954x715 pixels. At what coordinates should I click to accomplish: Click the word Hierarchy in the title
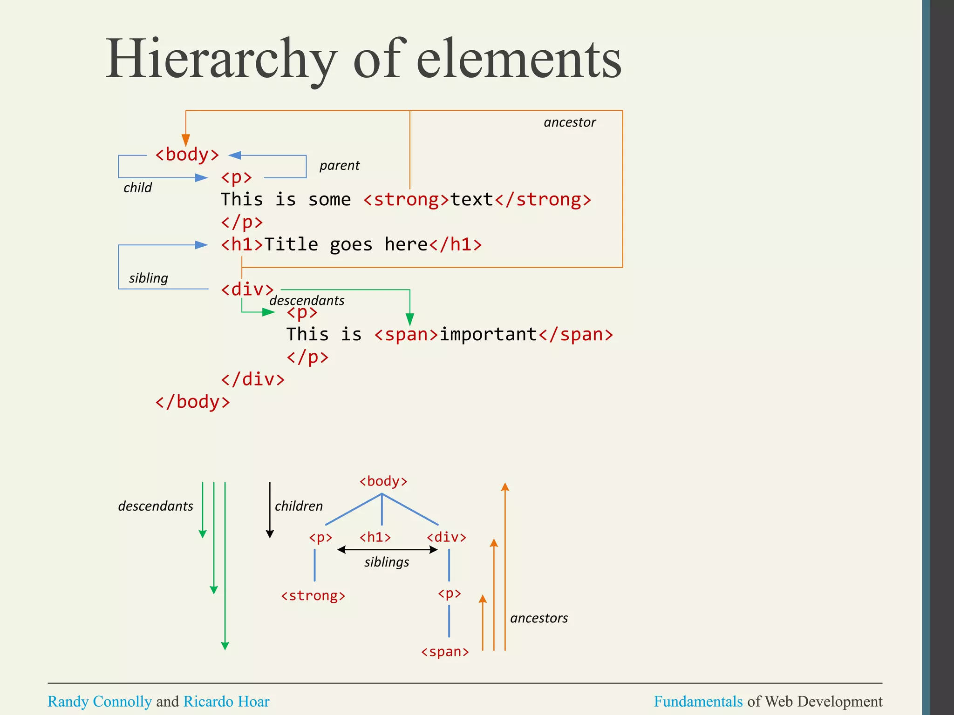pyautogui.click(x=221, y=60)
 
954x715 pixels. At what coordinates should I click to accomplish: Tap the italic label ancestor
pyautogui.click(x=569, y=122)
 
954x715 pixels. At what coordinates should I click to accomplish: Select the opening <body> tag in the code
pyautogui.click(x=187, y=155)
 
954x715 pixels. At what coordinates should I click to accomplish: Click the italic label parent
pyautogui.click(x=339, y=166)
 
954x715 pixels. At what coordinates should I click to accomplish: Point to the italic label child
pyautogui.click(x=137, y=188)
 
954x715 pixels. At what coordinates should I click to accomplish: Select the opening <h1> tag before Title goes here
pyautogui.click(x=242, y=244)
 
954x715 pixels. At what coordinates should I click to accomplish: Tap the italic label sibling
pyautogui.click(x=148, y=278)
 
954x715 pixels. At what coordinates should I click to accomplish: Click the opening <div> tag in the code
pyautogui.click(x=247, y=290)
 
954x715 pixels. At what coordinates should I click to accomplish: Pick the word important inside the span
pyautogui.click(x=488, y=335)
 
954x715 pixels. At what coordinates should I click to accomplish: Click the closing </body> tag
pyautogui.click(x=192, y=402)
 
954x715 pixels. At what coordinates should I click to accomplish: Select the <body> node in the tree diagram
pyautogui.click(x=383, y=481)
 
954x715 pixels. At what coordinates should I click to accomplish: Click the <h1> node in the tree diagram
pyautogui.click(x=375, y=537)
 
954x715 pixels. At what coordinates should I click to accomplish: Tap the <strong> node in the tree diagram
pyautogui.click(x=313, y=596)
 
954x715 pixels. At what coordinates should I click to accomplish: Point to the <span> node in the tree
pyautogui.click(x=445, y=652)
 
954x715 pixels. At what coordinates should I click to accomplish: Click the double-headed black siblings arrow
pyautogui.click(x=387, y=550)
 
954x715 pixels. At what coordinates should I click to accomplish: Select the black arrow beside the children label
pyautogui.click(x=270, y=510)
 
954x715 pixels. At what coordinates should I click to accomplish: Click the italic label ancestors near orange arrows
pyautogui.click(x=538, y=618)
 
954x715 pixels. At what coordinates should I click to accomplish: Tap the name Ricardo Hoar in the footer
pyautogui.click(x=226, y=702)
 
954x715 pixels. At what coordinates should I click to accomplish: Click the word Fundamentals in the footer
pyautogui.click(x=698, y=702)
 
